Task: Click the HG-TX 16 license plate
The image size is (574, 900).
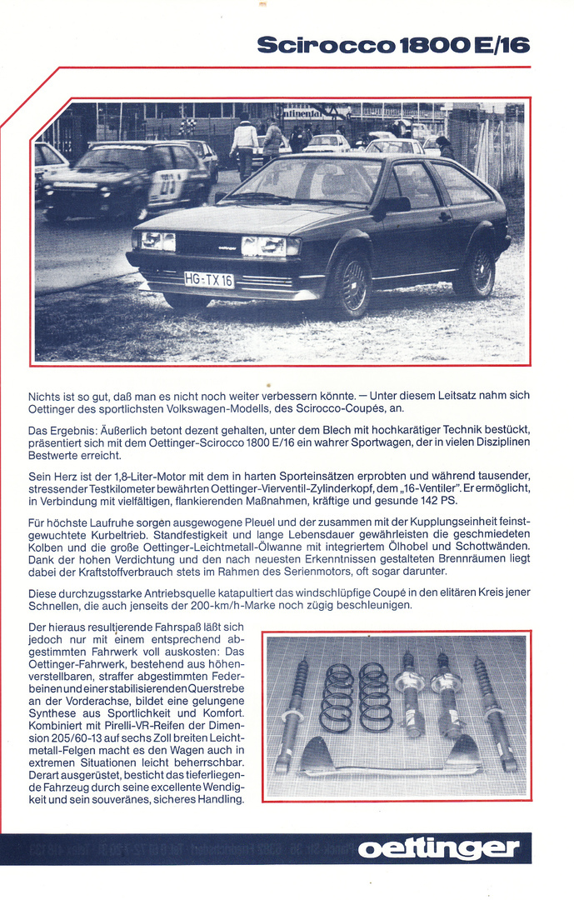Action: coord(209,280)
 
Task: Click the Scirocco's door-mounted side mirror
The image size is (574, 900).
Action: coord(395,204)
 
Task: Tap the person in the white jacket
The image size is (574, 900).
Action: coord(244,143)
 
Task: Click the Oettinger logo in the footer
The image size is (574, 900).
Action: coord(438,849)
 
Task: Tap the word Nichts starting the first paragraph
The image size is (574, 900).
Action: coord(45,395)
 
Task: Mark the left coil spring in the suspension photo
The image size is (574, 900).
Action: coord(337,697)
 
